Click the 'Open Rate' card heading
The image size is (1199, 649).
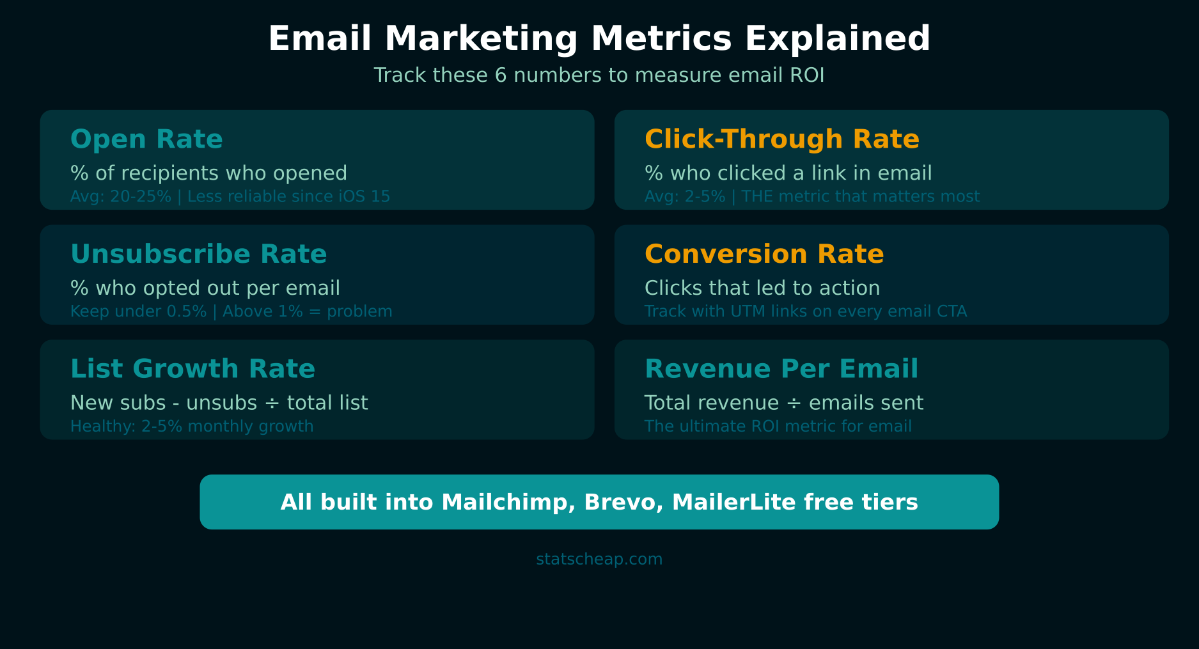coord(146,139)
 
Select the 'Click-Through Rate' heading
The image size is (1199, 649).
coord(781,139)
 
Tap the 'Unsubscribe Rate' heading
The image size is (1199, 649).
coord(198,254)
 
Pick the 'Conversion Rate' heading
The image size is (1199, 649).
coord(764,254)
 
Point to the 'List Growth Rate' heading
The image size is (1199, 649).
coord(192,369)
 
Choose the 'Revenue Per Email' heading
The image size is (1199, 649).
coord(781,369)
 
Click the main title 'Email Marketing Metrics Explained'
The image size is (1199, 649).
coord(599,38)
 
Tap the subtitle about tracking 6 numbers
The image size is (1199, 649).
coord(599,75)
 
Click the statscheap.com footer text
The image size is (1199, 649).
coord(599,559)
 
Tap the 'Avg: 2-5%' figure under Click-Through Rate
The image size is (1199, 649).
coord(684,197)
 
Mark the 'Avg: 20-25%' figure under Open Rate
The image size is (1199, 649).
coord(120,197)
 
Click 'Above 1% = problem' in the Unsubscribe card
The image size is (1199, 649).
coord(307,312)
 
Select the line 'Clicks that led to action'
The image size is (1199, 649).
coord(762,288)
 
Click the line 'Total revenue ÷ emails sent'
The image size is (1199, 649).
coord(783,403)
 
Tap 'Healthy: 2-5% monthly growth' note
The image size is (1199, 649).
coord(192,426)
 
